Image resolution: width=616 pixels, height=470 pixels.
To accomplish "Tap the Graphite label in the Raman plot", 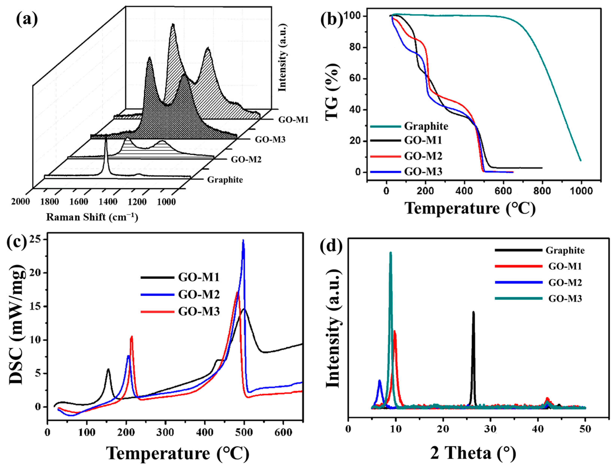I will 225,180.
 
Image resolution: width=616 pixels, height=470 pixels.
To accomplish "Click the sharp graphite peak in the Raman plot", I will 106,140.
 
